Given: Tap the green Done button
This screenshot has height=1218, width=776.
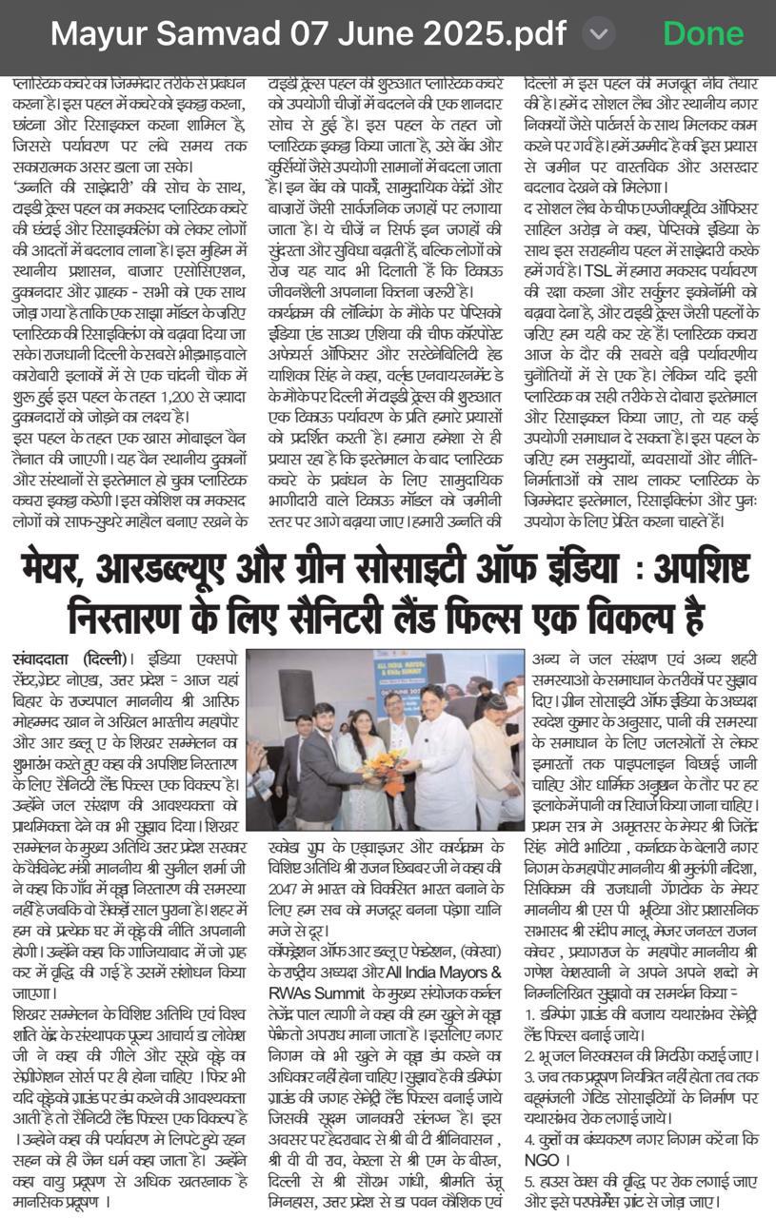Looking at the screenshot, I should pyautogui.click(x=703, y=34).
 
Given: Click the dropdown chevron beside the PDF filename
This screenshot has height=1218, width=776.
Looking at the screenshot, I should pyautogui.click(x=597, y=34).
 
